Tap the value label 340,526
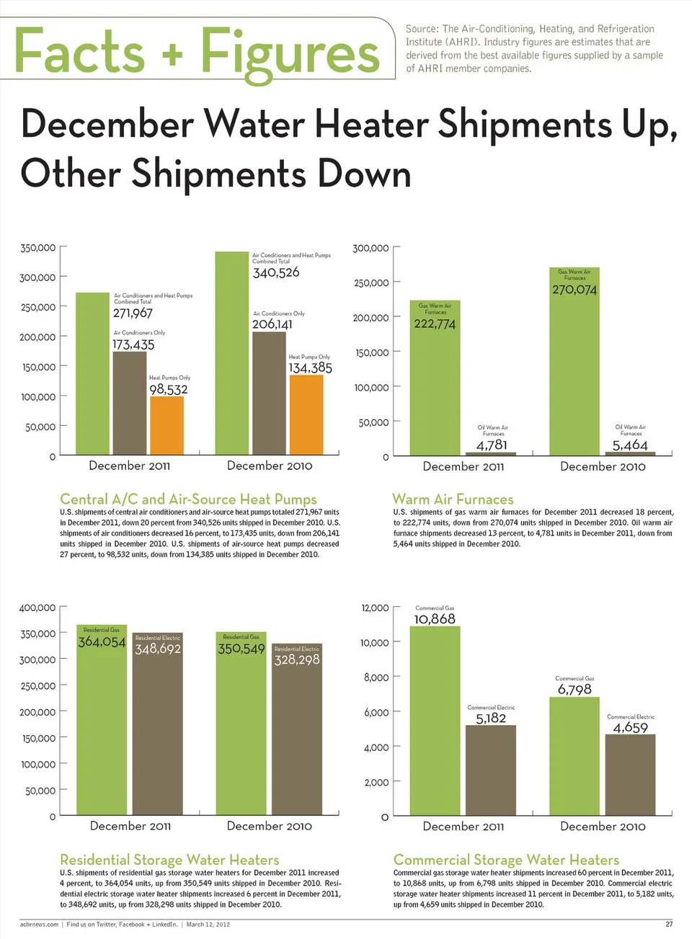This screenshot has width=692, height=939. point(276,273)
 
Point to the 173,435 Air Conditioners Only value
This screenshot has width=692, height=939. point(133,345)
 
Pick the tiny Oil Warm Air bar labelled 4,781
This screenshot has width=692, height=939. point(491,453)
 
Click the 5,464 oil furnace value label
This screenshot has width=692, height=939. point(630,445)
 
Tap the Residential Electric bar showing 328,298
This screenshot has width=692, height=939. point(297,735)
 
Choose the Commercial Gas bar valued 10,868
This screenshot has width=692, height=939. point(435,721)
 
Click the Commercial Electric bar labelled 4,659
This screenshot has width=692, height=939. point(630,775)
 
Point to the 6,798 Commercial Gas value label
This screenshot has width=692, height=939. point(575,690)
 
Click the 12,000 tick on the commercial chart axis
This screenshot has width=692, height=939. point(375,608)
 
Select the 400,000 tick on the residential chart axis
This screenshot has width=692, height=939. point(37,608)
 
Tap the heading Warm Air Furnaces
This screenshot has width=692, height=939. point(453,499)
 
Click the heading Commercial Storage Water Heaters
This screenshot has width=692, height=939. point(506,860)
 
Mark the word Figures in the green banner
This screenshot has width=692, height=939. point(290,52)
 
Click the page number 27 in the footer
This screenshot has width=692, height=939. point(669,924)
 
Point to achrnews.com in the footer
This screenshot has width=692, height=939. point(39,924)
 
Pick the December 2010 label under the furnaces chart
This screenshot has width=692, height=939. point(603,466)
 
